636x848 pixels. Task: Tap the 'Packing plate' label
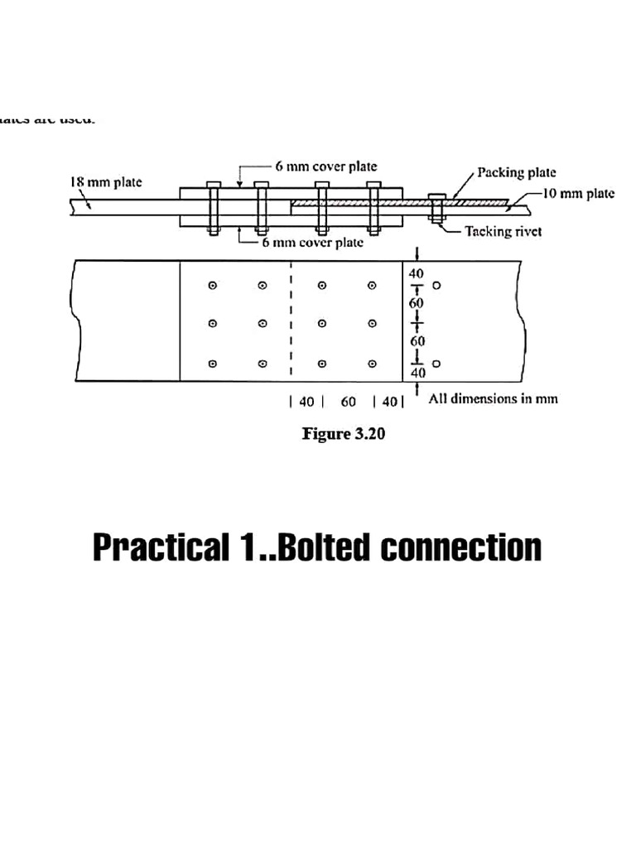516,172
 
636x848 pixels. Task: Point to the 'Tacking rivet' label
503,231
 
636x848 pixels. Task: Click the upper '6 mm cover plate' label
325,166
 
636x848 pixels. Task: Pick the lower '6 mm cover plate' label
312,243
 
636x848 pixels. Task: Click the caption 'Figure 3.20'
343,433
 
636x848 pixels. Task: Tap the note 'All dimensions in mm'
493,398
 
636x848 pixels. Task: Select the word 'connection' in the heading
460,547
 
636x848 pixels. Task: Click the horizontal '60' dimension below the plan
349,402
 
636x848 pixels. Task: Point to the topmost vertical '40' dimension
417,273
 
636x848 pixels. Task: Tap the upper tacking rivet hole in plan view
436,285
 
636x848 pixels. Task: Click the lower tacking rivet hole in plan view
436,363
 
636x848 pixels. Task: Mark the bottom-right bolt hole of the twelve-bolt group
372,363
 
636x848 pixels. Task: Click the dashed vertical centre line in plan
291,323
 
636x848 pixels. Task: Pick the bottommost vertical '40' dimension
417,373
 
